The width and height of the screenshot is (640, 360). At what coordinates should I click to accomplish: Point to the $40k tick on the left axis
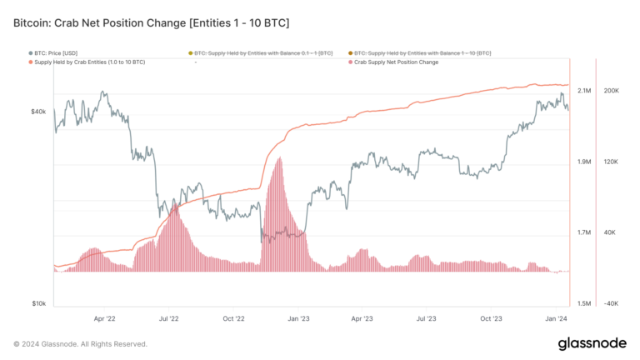point(38,111)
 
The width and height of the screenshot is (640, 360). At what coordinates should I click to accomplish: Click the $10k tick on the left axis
point(38,304)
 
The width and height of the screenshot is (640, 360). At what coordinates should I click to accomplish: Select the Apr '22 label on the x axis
point(105,318)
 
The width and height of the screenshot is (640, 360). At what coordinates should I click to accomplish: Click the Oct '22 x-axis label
point(233,318)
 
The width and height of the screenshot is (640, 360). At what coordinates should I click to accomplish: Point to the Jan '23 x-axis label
point(297,318)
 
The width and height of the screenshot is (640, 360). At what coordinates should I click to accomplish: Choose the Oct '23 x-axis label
point(491,318)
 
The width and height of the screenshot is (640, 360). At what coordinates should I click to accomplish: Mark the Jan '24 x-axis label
point(555,318)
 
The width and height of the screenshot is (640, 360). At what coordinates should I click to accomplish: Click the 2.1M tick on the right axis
point(584,91)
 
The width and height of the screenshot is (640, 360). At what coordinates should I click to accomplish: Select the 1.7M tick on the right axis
point(584,232)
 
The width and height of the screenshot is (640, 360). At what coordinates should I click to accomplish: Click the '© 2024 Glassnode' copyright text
point(80,343)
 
